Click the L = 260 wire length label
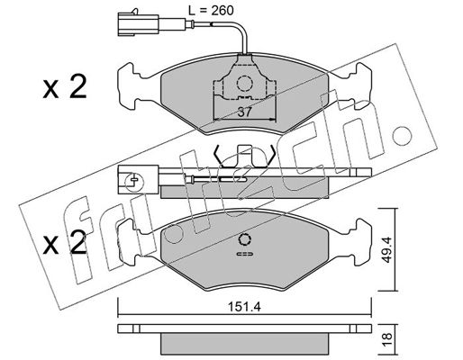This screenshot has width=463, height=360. click(x=211, y=11)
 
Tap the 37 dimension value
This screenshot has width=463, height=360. click(x=244, y=112)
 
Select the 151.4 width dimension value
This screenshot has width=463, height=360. click(x=244, y=307)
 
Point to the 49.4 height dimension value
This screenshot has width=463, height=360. click(x=387, y=249)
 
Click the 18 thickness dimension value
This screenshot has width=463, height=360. click(x=387, y=336)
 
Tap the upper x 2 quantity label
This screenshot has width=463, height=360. click(x=65, y=87)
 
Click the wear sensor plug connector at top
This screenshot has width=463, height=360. click(x=138, y=23)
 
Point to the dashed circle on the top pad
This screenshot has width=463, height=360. click(x=244, y=84)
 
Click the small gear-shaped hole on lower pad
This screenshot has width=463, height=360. click(x=244, y=239)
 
